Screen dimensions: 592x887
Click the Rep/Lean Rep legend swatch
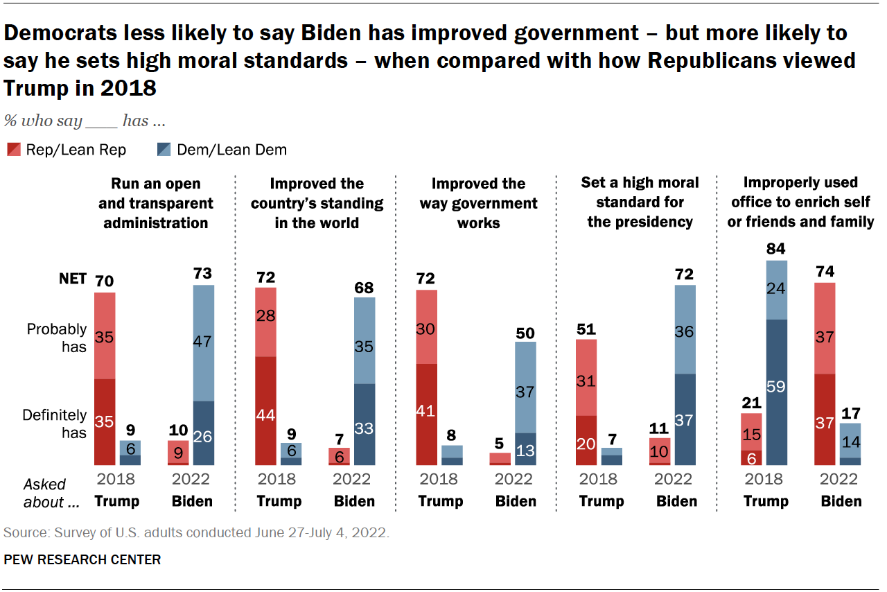(x=13, y=150)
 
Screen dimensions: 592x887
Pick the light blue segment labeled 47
(x=203, y=343)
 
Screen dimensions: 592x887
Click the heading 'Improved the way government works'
(x=478, y=203)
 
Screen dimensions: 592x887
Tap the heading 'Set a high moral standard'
(x=640, y=202)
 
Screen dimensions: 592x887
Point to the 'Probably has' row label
(x=57, y=337)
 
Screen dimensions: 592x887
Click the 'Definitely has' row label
(x=55, y=424)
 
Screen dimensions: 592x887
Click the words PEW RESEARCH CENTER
(x=82, y=559)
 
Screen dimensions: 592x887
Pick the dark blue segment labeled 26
(x=203, y=433)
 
